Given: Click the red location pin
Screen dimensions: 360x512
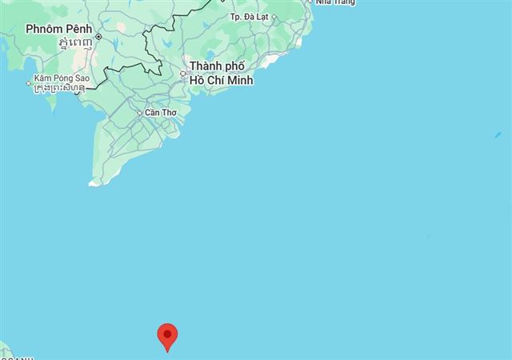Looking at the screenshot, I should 167,336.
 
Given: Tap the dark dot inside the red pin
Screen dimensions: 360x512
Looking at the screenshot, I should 167,334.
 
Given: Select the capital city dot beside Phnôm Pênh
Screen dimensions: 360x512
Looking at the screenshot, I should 98,36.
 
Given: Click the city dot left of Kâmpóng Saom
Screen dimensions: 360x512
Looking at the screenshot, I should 29,79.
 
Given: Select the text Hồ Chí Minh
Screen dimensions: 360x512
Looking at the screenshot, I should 220,79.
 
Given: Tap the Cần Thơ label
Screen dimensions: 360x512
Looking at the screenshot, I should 159,113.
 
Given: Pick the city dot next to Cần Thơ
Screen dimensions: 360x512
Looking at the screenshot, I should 140,113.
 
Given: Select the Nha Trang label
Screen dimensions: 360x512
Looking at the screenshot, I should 334,2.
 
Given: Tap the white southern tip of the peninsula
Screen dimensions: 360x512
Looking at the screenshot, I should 95,182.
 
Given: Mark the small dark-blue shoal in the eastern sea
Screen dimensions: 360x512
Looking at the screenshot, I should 429,237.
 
